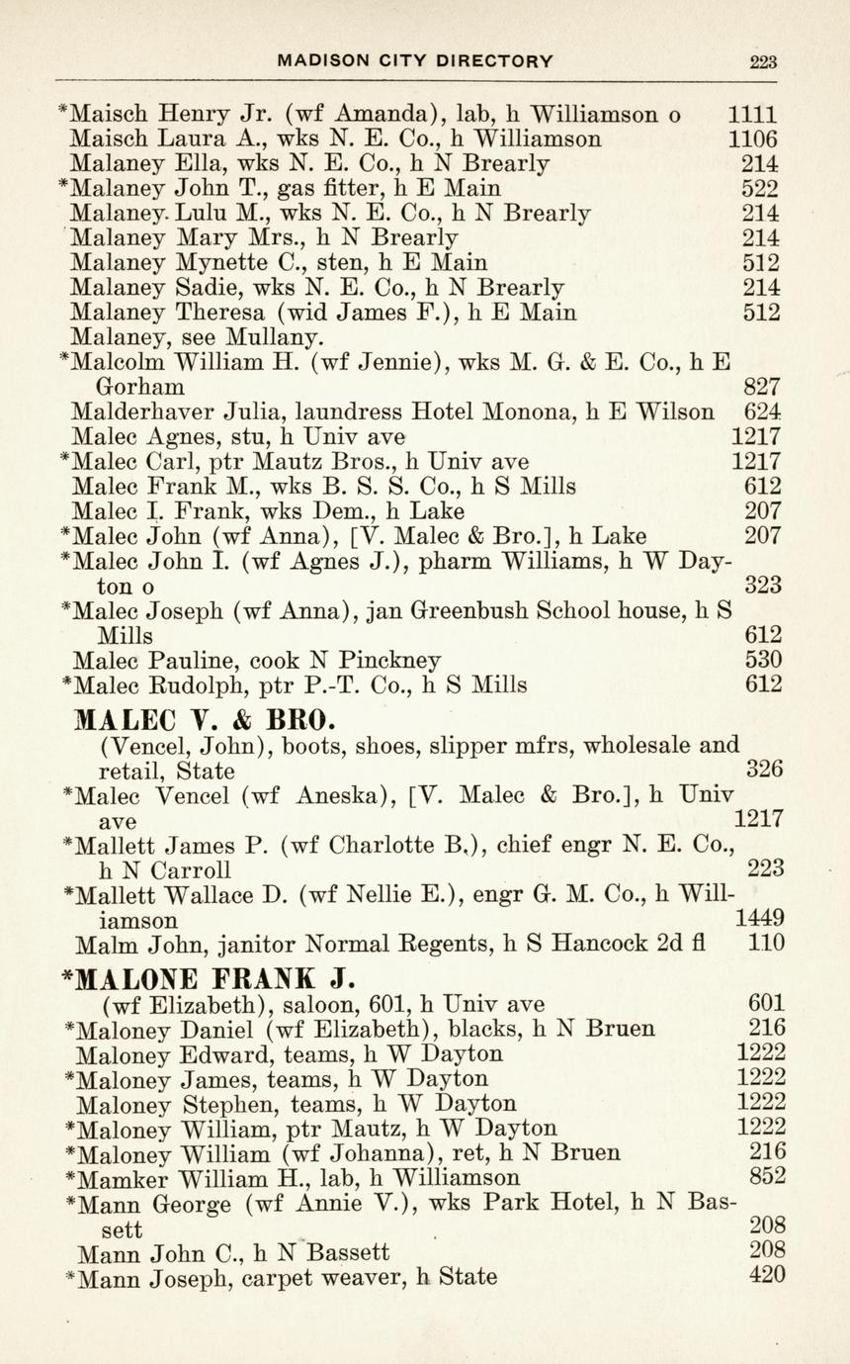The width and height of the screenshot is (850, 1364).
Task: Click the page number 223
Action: pos(763,61)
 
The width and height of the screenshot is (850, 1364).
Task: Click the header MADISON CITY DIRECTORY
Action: pos(415,61)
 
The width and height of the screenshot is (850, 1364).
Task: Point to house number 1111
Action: pos(752,115)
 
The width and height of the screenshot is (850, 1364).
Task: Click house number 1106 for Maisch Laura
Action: pos(752,139)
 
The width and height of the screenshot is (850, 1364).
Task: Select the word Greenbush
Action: pos(477,610)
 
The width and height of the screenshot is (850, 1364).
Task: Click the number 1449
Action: pos(760,918)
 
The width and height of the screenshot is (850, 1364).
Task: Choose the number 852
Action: pos(768,1176)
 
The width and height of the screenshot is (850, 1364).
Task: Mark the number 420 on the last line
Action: pos(768,1275)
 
